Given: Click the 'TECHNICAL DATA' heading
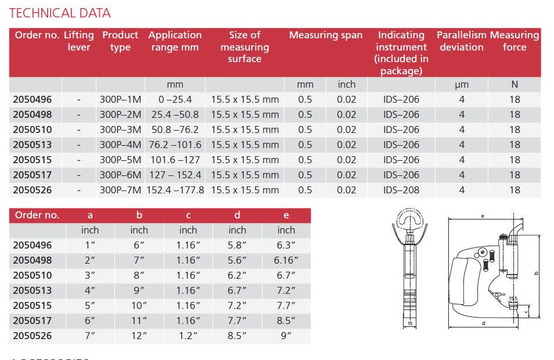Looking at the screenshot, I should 60,13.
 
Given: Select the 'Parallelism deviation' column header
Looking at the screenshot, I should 462,41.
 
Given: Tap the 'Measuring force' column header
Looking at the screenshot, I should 515,41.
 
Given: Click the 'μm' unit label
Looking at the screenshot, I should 462,85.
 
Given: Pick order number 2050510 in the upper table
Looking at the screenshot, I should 33,129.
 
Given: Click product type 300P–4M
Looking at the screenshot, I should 120,145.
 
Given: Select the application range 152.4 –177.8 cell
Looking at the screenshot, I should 175,190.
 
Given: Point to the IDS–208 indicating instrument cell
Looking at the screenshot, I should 401,190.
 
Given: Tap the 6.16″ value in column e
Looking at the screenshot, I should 286,261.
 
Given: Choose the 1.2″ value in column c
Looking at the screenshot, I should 188,336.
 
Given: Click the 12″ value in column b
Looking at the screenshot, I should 139,336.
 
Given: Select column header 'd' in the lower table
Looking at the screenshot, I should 237,215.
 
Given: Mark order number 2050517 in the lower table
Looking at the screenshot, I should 33,321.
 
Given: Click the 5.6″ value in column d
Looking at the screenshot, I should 237,261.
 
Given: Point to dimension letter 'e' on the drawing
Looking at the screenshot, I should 483,215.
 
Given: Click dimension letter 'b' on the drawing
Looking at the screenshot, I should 537,272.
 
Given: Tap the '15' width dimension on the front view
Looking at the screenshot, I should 409,323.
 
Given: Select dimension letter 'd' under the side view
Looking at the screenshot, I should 483,323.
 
